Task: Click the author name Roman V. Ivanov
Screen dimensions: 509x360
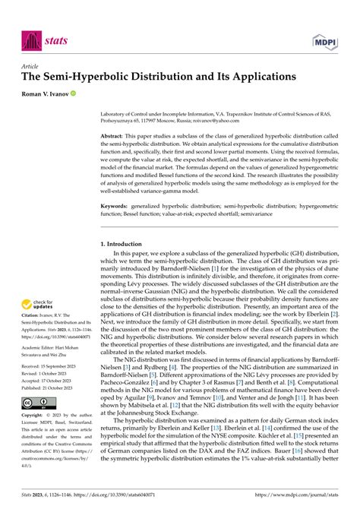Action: click(46, 93)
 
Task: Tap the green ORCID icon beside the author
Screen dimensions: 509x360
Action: click(74, 93)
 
